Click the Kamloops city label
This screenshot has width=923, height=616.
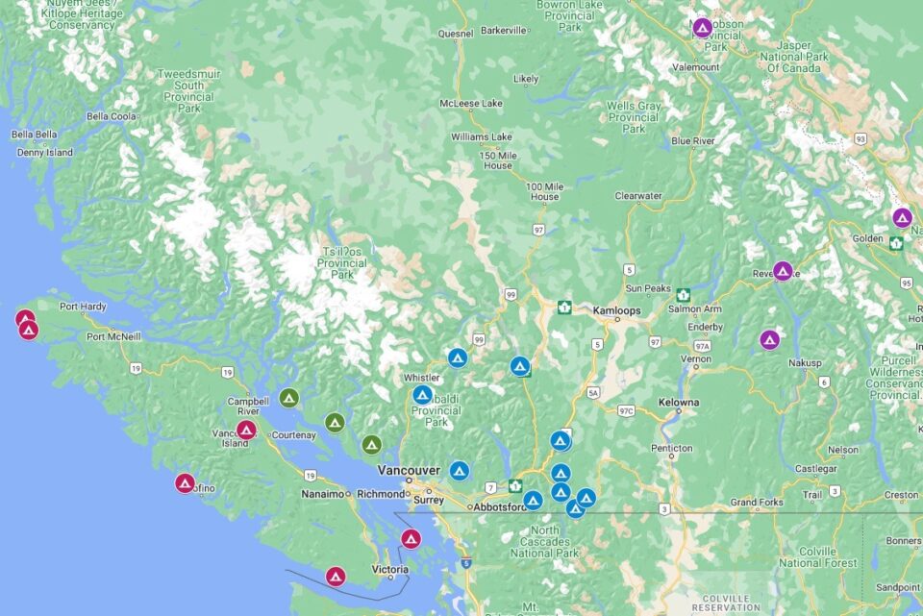pos(616,310)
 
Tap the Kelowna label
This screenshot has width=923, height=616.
pos(679,402)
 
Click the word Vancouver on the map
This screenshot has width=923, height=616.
pos(409,470)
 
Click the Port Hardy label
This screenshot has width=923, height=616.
pos(83,308)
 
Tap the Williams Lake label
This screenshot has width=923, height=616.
pos(483,136)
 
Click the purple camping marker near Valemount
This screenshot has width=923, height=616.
pos(702,28)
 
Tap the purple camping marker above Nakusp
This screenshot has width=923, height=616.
pos(769,339)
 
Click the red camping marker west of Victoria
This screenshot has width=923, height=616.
pos(335,577)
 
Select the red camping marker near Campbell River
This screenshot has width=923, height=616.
pos(246,430)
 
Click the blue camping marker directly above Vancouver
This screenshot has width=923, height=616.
pos(459,471)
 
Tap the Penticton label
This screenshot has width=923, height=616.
pos(671,448)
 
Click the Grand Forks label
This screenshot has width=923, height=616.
pos(758,502)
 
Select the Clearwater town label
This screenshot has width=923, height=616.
pos(638,196)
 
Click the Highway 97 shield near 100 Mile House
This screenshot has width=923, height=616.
pos(538,231)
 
